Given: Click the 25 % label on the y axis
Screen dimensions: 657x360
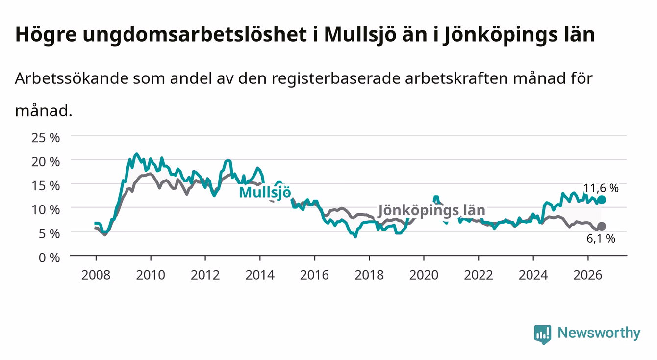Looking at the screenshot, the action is tap(46, 138).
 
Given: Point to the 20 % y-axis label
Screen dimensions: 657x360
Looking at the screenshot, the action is tap(46, 162).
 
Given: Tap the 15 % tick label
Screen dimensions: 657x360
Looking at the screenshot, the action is tap(46, 186).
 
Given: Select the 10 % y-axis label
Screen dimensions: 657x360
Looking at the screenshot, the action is tap(46, 210).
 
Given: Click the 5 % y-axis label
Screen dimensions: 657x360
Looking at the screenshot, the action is tap(49, 234).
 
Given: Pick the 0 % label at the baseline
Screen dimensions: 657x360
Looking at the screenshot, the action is tap(49, 257).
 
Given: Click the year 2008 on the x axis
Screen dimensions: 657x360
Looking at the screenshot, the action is tap(96, 275).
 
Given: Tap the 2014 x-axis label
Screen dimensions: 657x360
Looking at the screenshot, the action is tap(260, 275).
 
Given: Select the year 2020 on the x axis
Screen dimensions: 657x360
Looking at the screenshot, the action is tap(424, 275).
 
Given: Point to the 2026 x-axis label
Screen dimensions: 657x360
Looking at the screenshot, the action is tap(588, 275).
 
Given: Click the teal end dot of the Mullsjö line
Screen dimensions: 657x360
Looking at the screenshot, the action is tap(602, 200).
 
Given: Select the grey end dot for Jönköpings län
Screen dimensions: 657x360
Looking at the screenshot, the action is tap(602, 226).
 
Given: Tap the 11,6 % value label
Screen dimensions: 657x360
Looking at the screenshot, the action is tap(601, 188).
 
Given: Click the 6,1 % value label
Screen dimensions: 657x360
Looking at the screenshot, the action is tap(601, 239).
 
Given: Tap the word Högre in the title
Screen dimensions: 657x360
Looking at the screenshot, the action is tap(46, 35).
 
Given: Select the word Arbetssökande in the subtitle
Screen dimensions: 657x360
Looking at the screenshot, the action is tap(72, 78).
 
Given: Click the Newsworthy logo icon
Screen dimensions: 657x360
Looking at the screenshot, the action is tap(542, 334).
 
